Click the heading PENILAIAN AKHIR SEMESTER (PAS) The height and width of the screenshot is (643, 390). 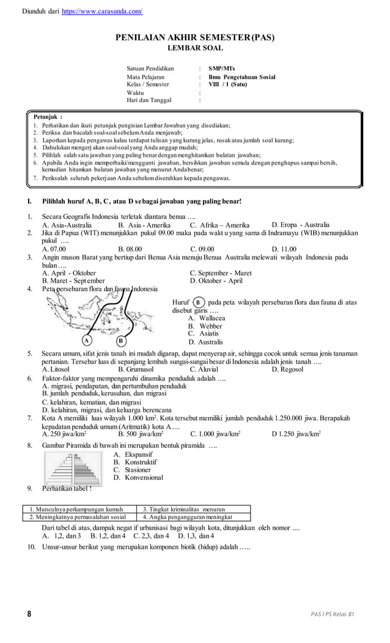[195, 38]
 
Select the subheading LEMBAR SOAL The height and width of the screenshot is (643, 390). [195, 48]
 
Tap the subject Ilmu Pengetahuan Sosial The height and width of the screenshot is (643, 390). [241, 77]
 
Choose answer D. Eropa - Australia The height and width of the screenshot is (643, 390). [300, 225]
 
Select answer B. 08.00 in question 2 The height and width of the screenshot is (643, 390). [130, 249]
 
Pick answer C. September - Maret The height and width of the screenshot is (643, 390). [220, 273]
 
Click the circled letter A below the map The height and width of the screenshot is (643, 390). [87, 340]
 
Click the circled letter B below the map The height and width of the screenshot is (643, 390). [121, 340]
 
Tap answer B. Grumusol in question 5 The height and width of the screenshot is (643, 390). [138, 370]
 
